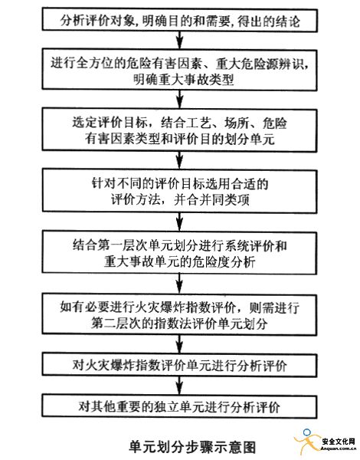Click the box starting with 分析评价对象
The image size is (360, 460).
(180, 21)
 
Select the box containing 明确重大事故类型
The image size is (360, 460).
(180, 70)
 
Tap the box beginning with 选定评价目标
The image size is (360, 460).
(179, 130)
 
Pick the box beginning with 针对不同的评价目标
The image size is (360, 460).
(180, 191)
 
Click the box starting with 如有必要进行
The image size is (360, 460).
(179, 314)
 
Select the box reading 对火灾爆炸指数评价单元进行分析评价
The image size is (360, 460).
(179, 365)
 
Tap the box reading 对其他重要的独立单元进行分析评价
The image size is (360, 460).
(179, 407)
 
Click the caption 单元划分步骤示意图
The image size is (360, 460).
(192, 445)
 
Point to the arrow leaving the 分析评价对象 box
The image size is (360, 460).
(180, 40)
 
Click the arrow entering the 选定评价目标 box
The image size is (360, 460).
(180, 100)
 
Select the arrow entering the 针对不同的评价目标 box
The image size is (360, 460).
(180, 161)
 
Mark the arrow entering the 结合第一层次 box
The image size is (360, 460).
(180, 222)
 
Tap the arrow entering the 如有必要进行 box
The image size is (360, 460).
(180, 284)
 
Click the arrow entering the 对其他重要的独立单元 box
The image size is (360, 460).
(180, 386)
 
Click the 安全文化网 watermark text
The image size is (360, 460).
(339, 441)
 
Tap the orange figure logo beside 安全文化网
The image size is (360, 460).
(306, 440)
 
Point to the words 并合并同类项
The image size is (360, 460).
(211, 200)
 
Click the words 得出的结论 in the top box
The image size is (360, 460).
(269, 21)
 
